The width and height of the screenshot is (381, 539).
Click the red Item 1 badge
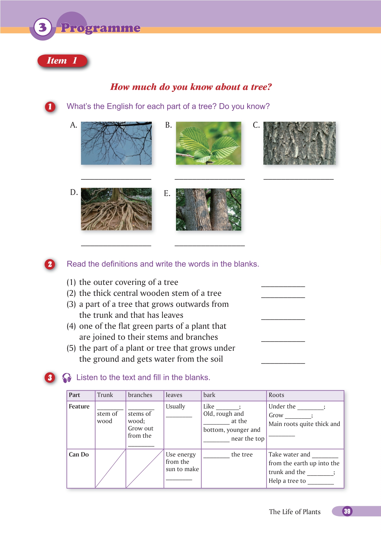click(x=62, y=61)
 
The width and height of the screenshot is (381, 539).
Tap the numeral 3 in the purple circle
click(x=43, y=28)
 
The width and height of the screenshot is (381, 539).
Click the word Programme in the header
click(x=101, y=28)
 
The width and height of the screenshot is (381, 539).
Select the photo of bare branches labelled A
click(x=116, y=143)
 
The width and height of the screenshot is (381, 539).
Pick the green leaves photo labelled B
click(x=208, y=143)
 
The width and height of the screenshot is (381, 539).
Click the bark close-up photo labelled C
click(x=299, y=143)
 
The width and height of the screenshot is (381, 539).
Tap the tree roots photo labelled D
click(x=116, y=209)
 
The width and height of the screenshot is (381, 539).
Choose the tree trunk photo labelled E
click(x=208, y=209)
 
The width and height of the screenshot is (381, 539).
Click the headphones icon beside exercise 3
click(x=67, y=378)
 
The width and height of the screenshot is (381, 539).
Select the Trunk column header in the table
click(x=105, y=395)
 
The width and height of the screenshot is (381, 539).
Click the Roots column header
click(x=276, y=395)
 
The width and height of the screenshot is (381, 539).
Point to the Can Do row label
click(x=79, y=454)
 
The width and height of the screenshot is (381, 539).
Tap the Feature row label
click(x=79, y=406)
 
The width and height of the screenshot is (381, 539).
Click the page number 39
click(x=347, y=511)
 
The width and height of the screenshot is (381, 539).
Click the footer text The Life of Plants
click(x=294, y=512)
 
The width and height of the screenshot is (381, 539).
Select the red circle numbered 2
click(x=50, y=264)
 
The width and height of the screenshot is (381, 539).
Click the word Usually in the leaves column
click(x=175, y=406)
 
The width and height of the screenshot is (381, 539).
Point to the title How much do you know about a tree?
click(x=191, y=87)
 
